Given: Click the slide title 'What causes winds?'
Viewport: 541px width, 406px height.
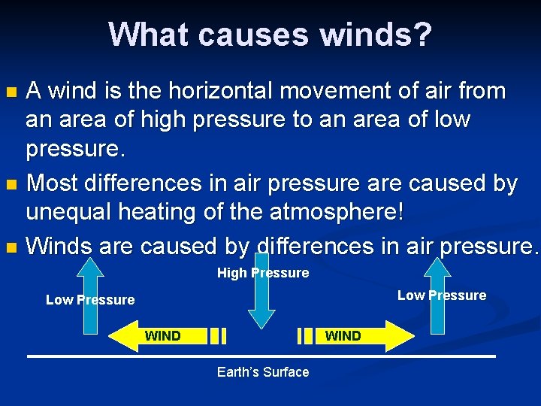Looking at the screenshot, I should click(270, 34).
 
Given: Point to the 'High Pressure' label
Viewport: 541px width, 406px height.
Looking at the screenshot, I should click(263, 273).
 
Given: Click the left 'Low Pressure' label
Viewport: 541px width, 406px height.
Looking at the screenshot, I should click(90, 300).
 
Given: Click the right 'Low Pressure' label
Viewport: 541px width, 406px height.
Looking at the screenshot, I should click(442, 295).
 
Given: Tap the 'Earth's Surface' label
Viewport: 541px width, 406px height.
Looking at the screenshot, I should click(263, 372).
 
